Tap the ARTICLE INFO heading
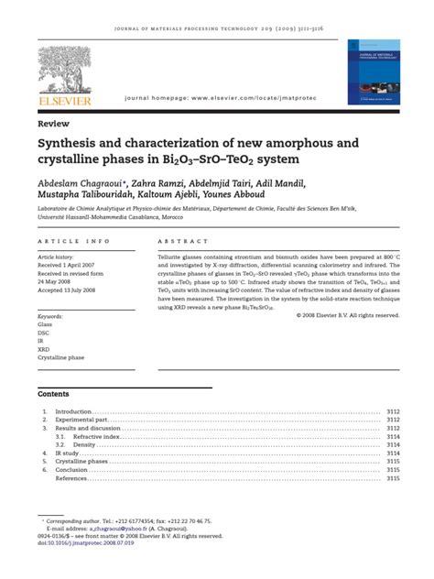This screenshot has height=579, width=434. click(x=72, y=241)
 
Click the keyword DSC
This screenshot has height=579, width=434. click(x=45, y=333)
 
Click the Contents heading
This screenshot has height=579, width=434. click(x=54, y=393)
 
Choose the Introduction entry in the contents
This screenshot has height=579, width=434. click(x=74, y=412)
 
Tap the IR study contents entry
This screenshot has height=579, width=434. click(x=68, y=453)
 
